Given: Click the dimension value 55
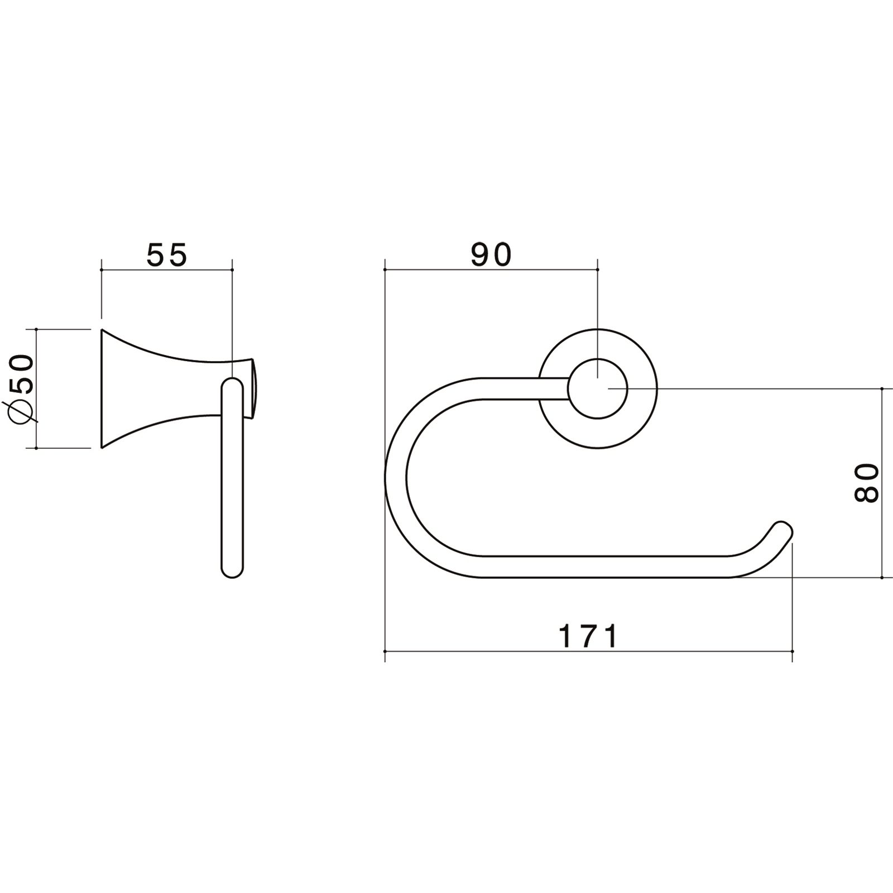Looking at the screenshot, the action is click(x=167, y=256).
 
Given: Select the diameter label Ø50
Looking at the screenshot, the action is click(x=21, y=388).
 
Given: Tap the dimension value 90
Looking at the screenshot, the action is click(x=491, y=255).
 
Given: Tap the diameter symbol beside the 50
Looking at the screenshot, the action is click(x=21, y=412).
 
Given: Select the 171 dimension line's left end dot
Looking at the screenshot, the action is click(x=385, y=651).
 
